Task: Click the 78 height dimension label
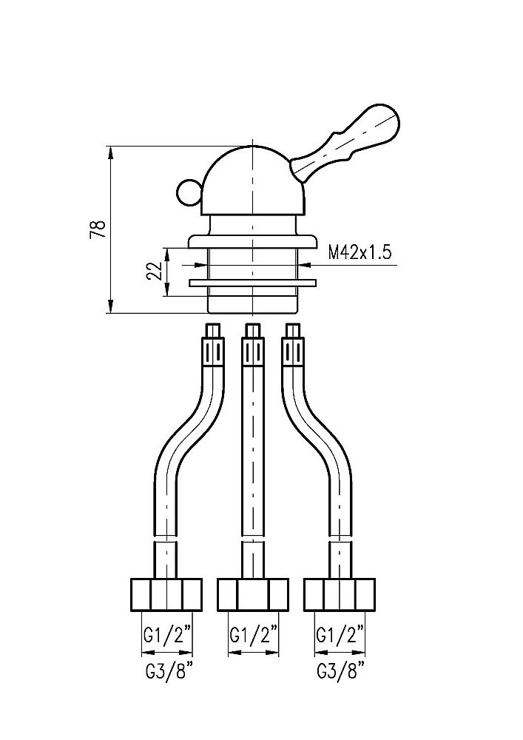tap(97, 229)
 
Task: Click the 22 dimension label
tap(154, 271)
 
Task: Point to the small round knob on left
tap(189, 193)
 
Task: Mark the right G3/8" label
tap(340, 672)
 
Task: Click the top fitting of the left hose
tap(213, 345)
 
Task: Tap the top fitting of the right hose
tap(293, 345)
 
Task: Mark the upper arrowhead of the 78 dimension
tap(110, 152)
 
